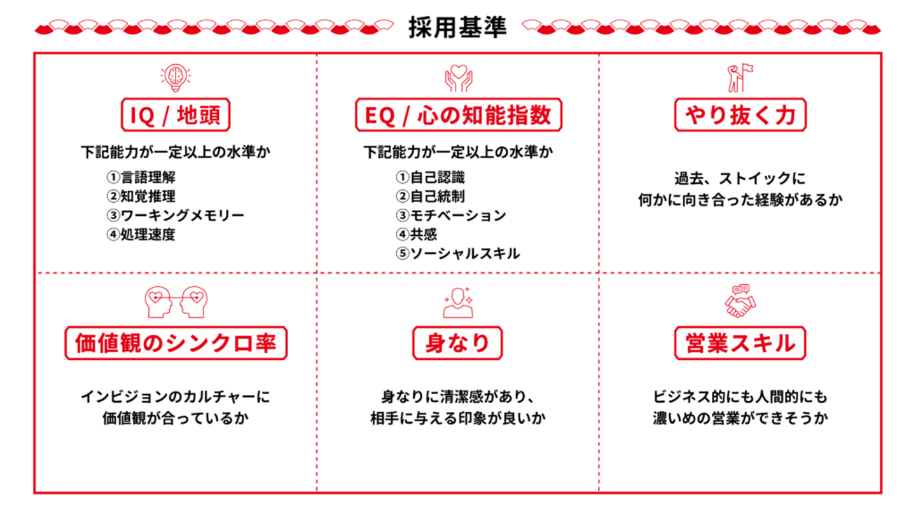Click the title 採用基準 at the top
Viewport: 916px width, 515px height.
click(x=457, y=28)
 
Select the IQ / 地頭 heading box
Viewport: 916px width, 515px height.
click(x=176, y=115)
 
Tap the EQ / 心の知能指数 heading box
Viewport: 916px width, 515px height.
click(x=458, y=115)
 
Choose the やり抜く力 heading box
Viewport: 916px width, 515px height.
click(x=740, y=115)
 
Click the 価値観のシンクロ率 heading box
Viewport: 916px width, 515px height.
click(x=176, y=343)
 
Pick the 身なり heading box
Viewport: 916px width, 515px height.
click(x=457, y=343)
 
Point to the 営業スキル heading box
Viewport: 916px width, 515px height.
click(x=740, y=343)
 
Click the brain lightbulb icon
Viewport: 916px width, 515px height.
click(x=176, y=77)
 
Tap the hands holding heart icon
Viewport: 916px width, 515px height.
click(x=458, y=77)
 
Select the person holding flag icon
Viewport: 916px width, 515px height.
click(x=740, y=77)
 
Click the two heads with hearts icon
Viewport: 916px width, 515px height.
click(x=176, y=302)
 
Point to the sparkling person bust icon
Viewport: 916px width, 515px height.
click(x=457, y=302)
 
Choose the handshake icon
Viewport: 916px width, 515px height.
click(x=740, y=301)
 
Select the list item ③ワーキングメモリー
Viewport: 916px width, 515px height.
click(x=175, y=216)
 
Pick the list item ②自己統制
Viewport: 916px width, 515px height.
click(x=430, y=196)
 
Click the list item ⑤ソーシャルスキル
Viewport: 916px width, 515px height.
click(x=457, y=254)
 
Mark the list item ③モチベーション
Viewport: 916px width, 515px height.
click(x=451, y=216)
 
